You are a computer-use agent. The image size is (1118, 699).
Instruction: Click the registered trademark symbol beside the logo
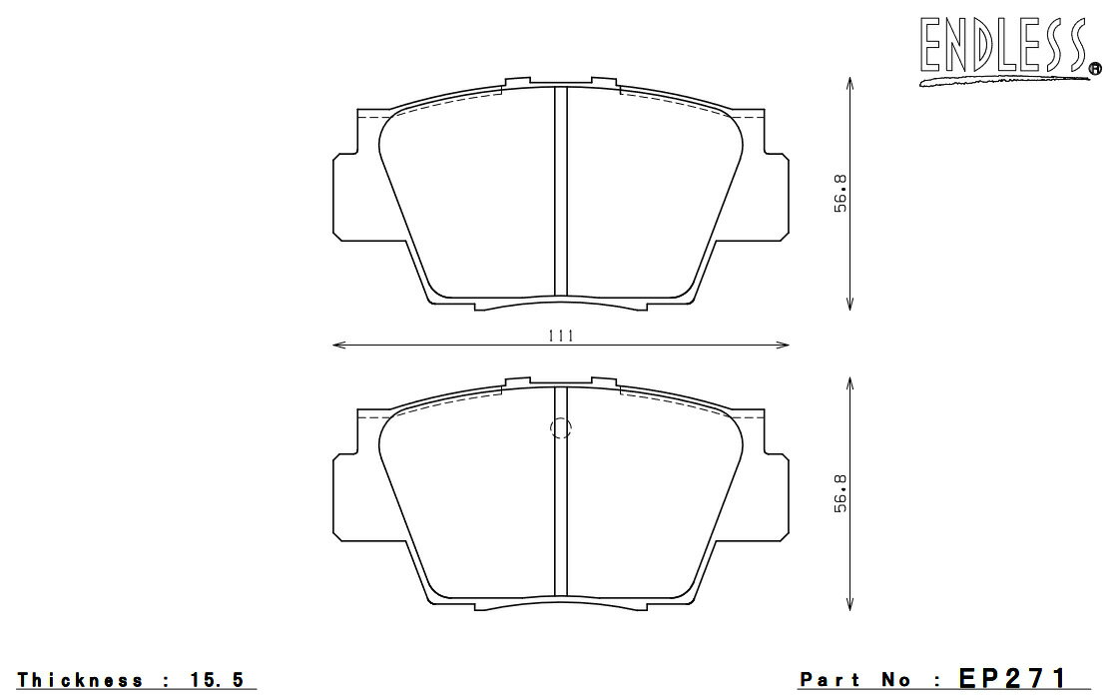click(1094, 69)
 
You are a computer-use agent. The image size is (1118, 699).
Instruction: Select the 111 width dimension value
click(561, 336)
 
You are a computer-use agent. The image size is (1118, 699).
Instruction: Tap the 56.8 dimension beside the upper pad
click(840, 193)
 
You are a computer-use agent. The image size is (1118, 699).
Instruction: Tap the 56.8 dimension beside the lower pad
click(840, 493)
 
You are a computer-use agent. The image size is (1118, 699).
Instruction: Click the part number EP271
click(1012, 678)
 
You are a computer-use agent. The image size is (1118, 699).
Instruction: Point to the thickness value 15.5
click(218, 679)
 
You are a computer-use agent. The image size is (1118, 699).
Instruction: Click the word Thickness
click(80, 680)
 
